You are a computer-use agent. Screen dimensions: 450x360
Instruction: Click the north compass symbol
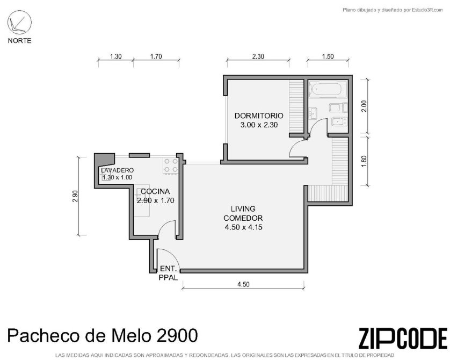(19, 23)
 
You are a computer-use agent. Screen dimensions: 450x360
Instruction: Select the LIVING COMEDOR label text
(243, 213)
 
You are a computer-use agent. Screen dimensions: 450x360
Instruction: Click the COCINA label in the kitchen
(155, 191)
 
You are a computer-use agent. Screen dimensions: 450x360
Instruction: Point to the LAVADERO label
(117, 170)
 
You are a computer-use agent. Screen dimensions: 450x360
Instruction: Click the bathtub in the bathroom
(326, 90)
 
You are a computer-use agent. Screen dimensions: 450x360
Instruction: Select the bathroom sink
(313, 113)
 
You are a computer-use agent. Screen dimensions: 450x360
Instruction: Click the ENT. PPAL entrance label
(168, 273)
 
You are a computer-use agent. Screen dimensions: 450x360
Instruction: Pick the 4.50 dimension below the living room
(243, 284)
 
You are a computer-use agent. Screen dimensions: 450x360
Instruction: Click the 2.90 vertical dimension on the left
(75, 196)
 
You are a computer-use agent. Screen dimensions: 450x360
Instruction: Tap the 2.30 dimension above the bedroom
(258, 56)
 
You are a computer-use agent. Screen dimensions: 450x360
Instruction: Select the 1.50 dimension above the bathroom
(328, 56)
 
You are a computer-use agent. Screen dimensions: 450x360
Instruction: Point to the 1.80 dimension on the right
(364, 161)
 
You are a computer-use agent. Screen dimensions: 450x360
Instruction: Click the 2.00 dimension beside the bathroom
(364, 106)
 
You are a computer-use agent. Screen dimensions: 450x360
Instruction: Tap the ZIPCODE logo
(403, 338)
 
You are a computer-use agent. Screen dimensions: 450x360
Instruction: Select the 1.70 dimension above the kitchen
(156, 56)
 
